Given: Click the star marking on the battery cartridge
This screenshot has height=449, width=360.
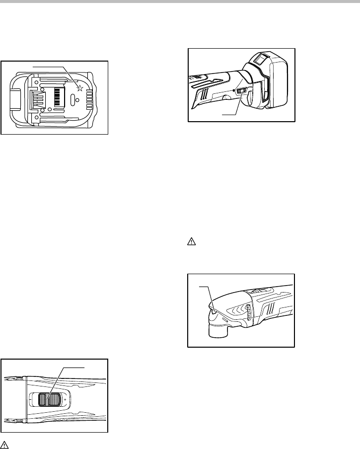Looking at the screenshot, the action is point(79,88).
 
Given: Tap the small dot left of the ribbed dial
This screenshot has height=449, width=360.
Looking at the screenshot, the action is point(233,90).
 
